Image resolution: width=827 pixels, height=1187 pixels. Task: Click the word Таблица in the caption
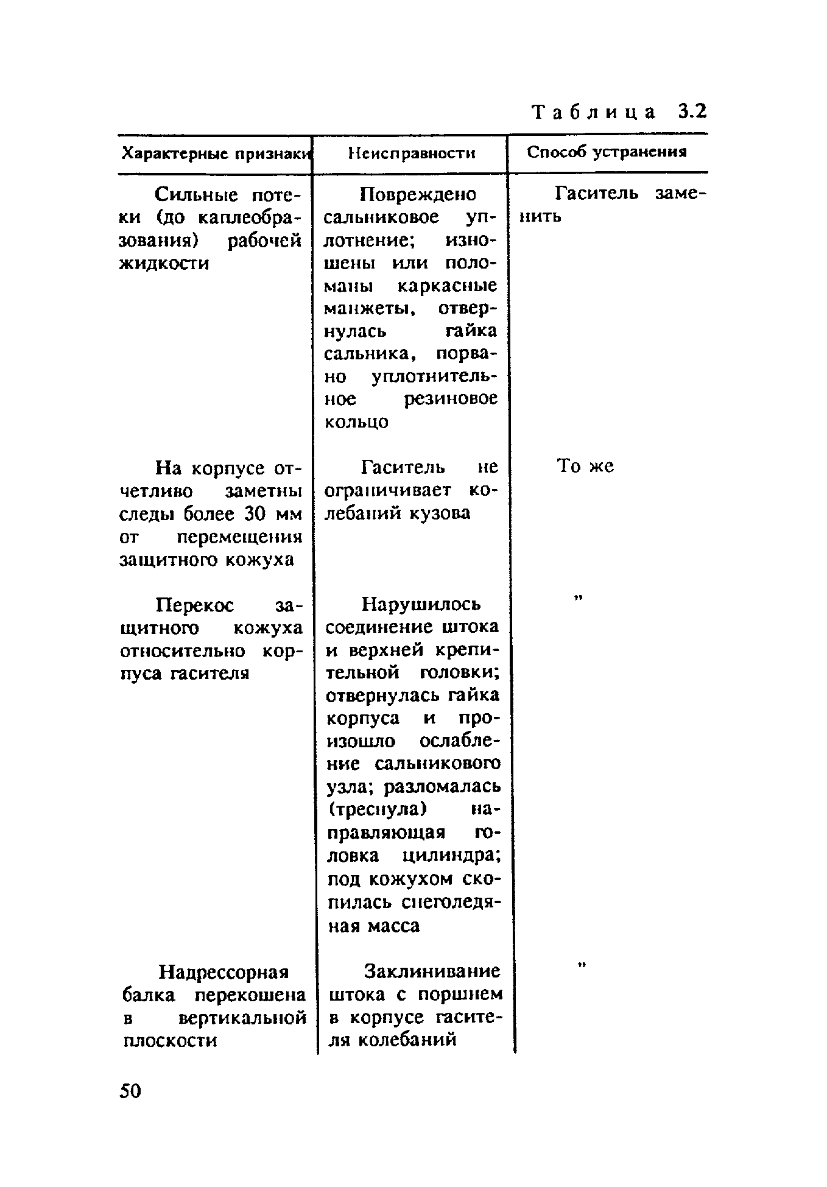tap(594, 113)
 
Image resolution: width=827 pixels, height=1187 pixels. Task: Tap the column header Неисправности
tap(412, 153)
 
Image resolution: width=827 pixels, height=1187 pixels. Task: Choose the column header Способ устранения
tap(607, 152)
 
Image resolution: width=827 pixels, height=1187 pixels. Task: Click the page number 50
tap(130, 1091)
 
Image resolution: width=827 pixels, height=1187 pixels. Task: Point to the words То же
tap(585, 467)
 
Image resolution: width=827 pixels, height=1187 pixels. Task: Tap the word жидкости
tap(164, 264)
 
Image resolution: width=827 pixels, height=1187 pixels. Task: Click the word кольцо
tap(356, 421)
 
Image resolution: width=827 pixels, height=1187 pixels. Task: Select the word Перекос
tap(195, 605)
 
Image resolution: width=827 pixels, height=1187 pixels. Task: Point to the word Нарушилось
tap(421, 604)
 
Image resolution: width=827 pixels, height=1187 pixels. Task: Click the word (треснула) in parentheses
tap(378, 809)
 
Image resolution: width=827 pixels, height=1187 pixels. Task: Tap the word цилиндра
tap(451, 855)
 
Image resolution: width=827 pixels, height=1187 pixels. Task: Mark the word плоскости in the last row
tap(170, 1040)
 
